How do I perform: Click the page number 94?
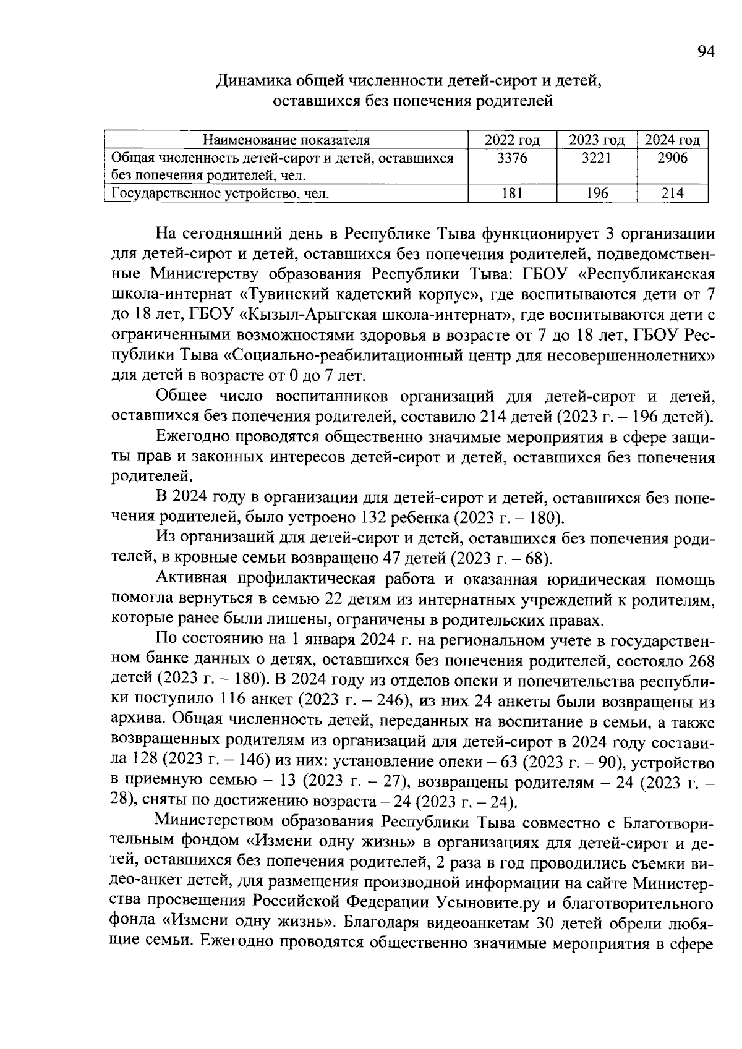click(x=706, y=52)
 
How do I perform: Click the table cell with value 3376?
click(x=512, y=158)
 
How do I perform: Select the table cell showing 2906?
click(x=672, y=158)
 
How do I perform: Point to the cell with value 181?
click(x=512, y=194)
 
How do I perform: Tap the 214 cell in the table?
click(x=672, y=194)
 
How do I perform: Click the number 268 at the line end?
click(x=701, y=661)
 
